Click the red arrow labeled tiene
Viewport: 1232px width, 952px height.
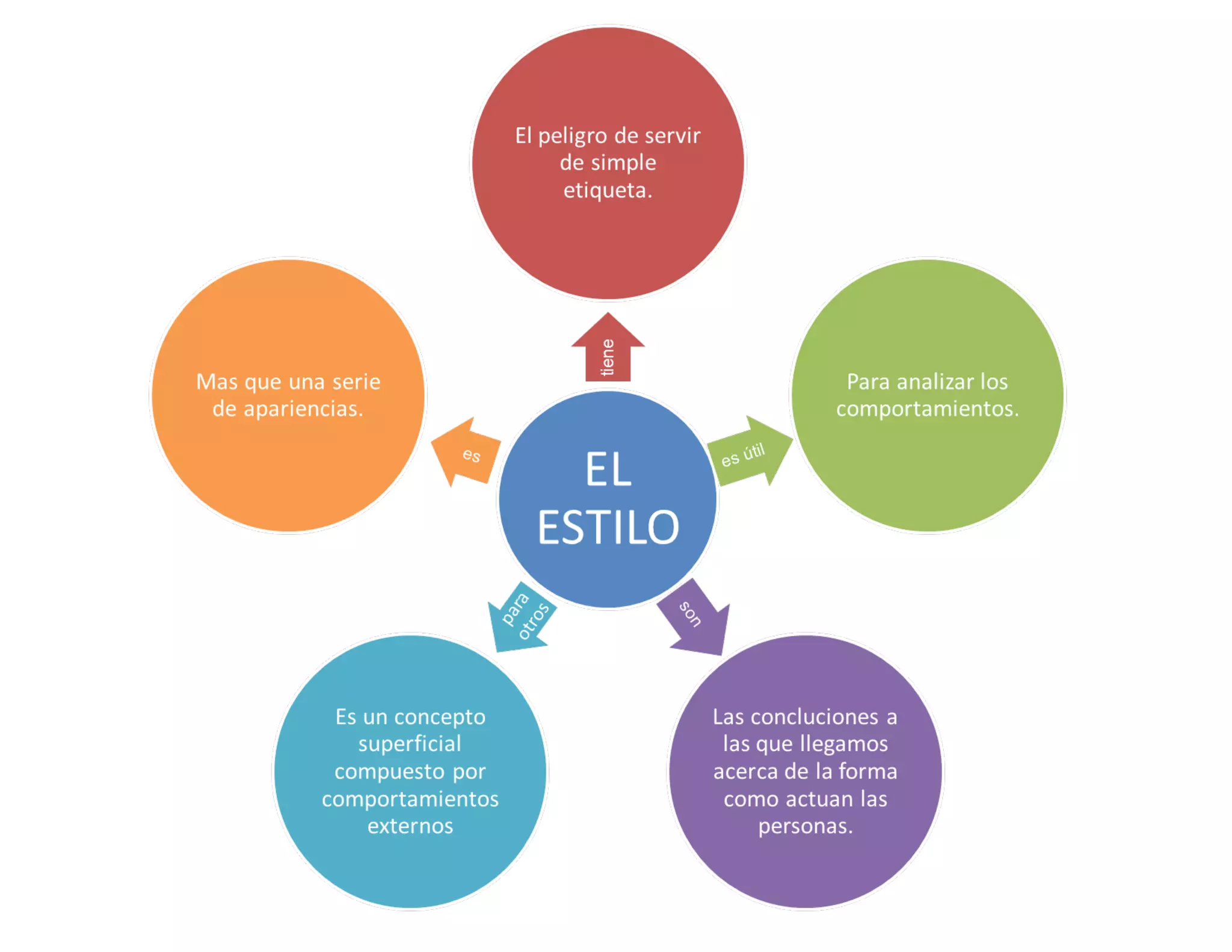608,352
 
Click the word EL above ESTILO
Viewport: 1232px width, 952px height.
608,470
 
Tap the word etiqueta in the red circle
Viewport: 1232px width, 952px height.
606,191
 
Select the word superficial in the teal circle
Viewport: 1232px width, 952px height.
410,744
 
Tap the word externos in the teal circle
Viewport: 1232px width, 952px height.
410,826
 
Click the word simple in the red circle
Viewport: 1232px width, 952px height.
624,163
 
